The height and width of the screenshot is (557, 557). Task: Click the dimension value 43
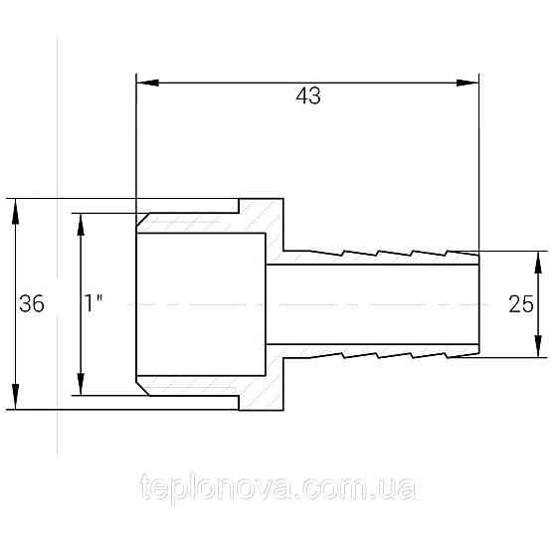tap(308, 95)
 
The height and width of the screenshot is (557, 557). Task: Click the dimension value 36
tap(32, 304)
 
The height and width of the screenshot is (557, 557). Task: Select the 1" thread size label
tap(93, 303)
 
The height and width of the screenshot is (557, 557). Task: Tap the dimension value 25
tap(521, 304)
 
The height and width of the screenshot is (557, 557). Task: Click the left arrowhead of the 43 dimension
tap(147, 83)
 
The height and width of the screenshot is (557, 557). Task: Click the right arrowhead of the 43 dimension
tap(467, 83)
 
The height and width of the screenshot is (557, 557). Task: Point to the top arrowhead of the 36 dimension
tap(15, 211)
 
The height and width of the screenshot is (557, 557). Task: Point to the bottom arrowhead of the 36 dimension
tap(15, 397)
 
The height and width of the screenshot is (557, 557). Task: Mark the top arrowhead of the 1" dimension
tap(81, 225)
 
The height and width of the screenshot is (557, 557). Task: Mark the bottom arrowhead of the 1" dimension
tap(81, 384)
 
